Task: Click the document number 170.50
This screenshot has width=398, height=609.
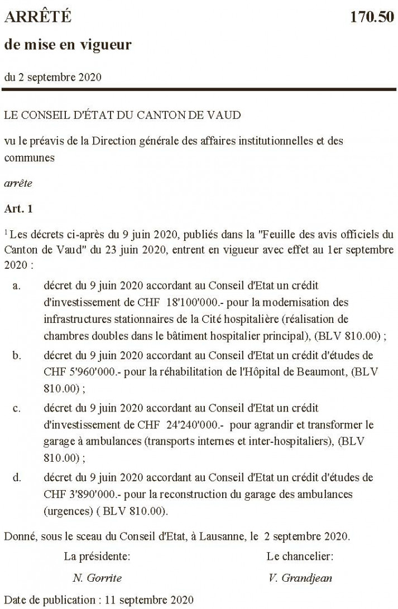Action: [372, 17]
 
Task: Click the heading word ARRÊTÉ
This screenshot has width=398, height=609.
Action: [38, 17]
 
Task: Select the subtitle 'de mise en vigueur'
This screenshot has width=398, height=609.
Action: [68, 45]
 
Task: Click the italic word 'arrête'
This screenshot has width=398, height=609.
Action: [18, 183]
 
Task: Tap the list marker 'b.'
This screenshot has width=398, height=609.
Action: [17, 355]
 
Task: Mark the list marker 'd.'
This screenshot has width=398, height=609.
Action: [17, 478]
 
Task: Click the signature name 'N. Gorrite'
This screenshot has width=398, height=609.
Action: [97, 578]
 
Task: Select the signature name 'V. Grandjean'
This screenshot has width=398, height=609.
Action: [300, 578]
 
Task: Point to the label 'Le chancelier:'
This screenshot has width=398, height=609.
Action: [300, 557]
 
